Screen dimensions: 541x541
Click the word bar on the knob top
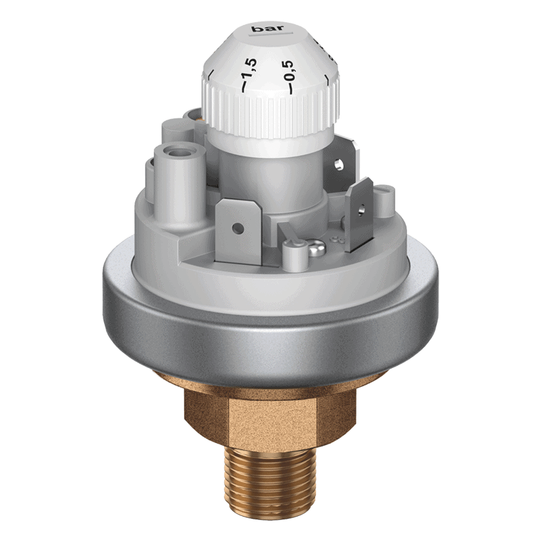tap(268, 28)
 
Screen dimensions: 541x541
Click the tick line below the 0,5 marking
tap(291, 89)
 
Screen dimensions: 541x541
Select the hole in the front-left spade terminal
tap(237, 228)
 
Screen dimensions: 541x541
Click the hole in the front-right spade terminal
tap(360, 208)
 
